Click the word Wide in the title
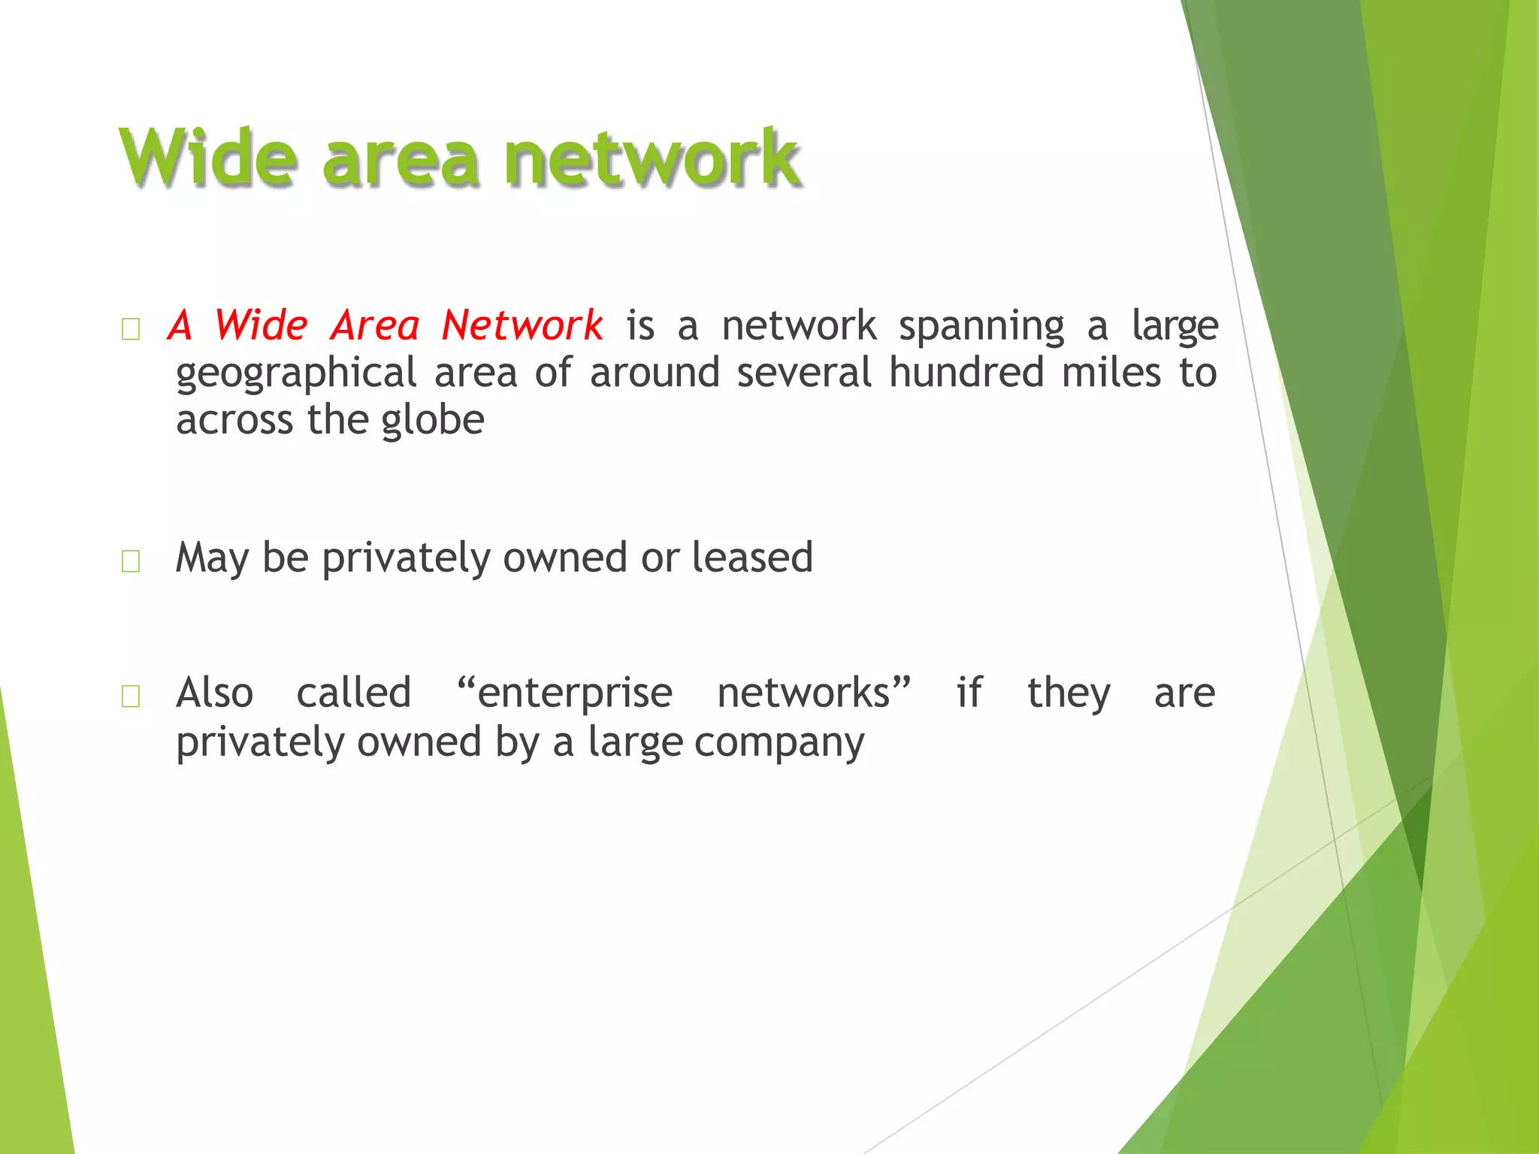(208, 157)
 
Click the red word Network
(522, 325)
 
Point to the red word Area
(374, 325)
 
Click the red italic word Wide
(260, 325)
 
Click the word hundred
(966, 373)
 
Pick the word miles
(1111, 373)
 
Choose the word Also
(214, 693)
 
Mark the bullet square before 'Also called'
(131, 696)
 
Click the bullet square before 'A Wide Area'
(131, 329)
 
